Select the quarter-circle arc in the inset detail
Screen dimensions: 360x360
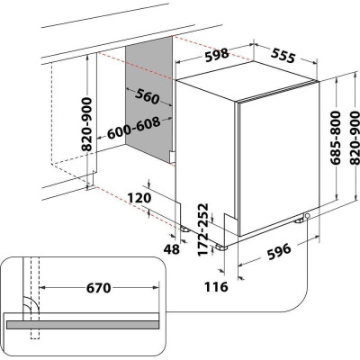[x=29, y=303]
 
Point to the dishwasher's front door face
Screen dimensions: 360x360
[x=275, y=157]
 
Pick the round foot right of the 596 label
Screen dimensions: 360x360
[x=308, y=216]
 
